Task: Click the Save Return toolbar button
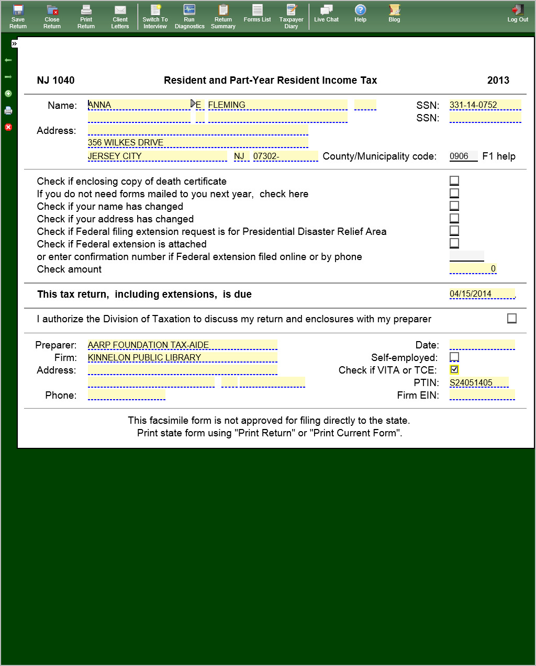(x=18, y=16)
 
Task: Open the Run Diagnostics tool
(x=189, y=16)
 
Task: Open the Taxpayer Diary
(x=291, y=16)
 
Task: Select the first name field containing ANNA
(x=138, y=105)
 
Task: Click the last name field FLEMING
(x=277, y=105)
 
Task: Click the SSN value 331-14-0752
(x=485, y=105)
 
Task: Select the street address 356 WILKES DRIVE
(x=198, y=142)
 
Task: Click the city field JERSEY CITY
(x=157, y=156)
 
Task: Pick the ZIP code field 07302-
(x=285, y=156)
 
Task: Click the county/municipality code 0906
(x=463, y=156)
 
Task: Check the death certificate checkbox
(x=454, y=180)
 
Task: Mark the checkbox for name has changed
(x=454, y=206)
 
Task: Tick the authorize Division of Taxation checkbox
(x=512, y=318)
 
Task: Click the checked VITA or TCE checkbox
(x=454, y=369)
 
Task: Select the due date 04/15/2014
(x=482, y=294)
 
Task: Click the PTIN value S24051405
(x=478, y=382)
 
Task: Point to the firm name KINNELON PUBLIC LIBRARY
(x=182, y=357)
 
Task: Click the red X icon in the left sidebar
(x=8, y=127)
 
